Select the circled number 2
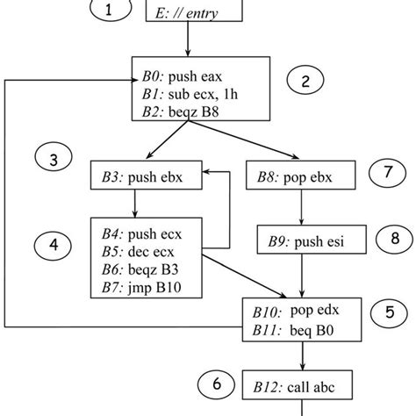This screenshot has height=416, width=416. tap(305, 82)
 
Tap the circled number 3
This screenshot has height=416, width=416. tap(54, 160)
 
